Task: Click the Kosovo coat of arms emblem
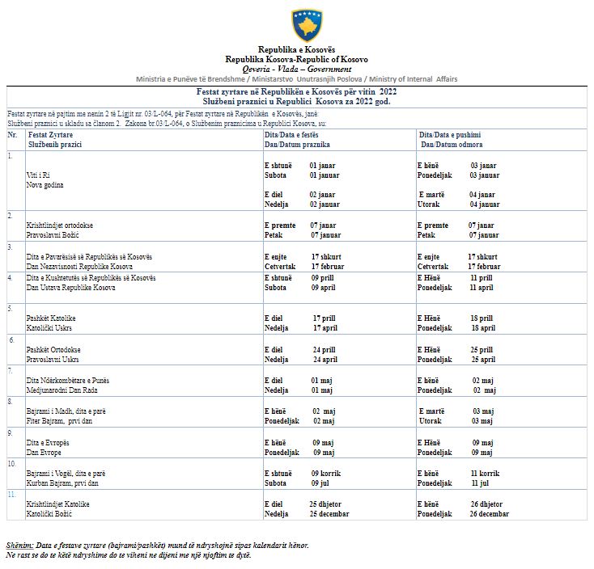[307, 25]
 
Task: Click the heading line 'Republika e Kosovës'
[295, 51]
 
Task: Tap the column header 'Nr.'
[12, 134]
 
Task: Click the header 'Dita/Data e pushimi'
[451, 134]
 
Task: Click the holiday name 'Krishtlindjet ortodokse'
[59, 225]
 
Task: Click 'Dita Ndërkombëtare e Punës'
[68, 380]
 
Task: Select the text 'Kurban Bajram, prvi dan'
[62, 483]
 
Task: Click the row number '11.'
[12, 493]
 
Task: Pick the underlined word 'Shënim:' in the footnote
[19, 545]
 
